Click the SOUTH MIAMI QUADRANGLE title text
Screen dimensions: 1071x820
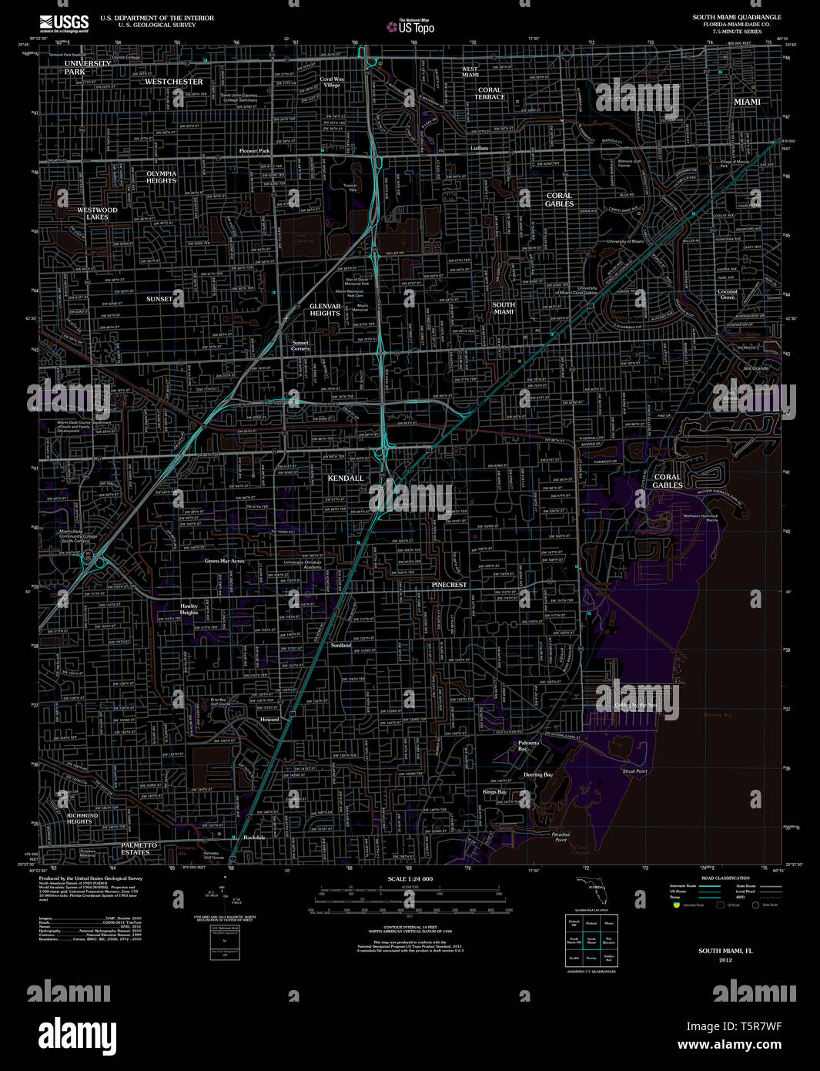[736, 17]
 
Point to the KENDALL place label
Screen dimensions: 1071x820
[346, 478]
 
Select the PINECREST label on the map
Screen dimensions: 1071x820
[449, 585]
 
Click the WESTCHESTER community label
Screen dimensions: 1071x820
[174, 82]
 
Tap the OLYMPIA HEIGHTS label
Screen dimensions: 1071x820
[161, 176]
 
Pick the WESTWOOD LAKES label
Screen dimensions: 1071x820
[97, 213]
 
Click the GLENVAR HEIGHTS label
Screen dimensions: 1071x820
[325, 310]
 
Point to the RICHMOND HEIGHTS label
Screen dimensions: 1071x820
[82, 818]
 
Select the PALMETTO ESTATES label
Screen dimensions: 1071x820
[139, 848]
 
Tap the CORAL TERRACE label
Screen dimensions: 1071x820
[490, 93]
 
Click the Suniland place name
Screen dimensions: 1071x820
[341, 645]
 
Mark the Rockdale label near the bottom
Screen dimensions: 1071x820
[254, 838]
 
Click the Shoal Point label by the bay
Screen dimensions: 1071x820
[634, 771]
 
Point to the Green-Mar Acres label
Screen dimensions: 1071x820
[224, 561]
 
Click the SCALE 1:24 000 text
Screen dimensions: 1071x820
[410, 879]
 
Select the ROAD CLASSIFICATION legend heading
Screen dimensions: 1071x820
[725, 878]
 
